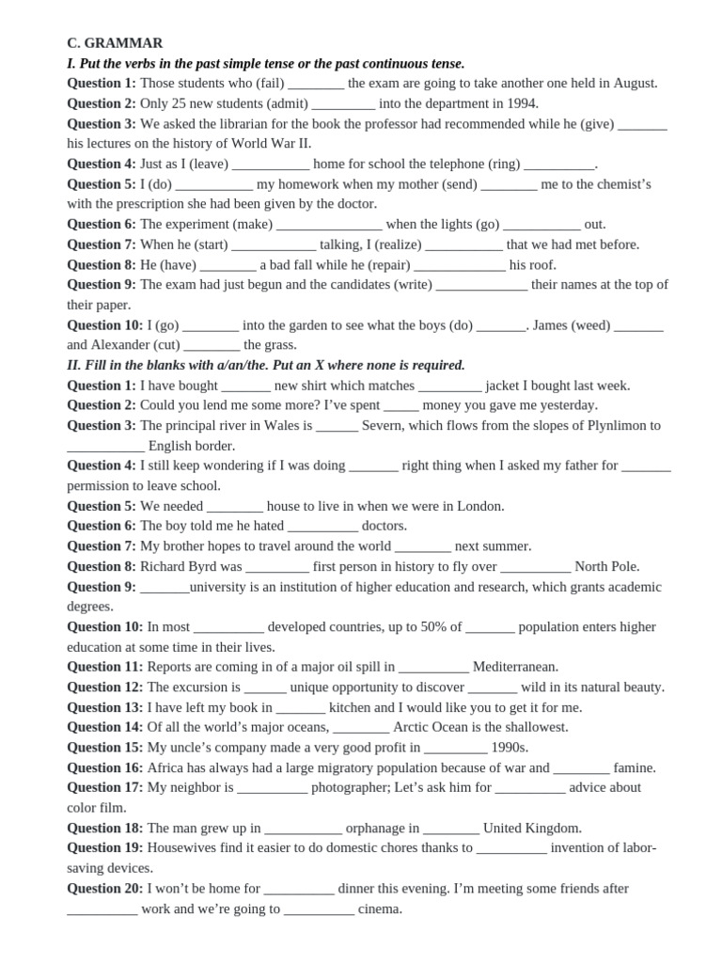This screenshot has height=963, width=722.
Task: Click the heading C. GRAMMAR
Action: (x=115, y=43)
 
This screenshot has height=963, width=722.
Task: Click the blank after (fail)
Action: (x=316, y=84)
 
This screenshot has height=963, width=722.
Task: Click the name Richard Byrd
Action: (x=178, y=566)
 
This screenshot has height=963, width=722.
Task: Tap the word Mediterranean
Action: (x=515, y=667)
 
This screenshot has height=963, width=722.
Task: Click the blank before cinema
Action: (x=319, y=909)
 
